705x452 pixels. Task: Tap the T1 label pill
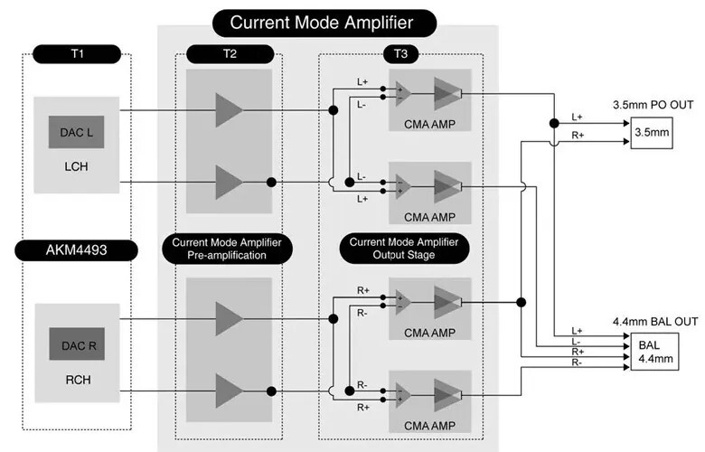77,53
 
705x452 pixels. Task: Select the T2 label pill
230,53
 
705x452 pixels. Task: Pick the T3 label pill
400,53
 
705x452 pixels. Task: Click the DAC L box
77,133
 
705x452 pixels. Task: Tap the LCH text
77,168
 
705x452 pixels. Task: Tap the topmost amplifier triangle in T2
229,110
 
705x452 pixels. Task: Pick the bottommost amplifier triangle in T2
229,391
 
